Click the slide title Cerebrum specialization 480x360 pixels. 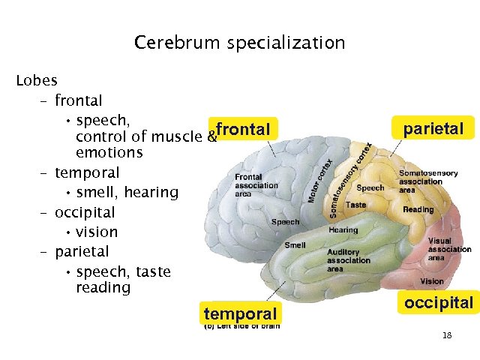pos(240,43)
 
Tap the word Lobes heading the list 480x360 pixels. pos(37,80)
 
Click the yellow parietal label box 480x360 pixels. pos(433,128)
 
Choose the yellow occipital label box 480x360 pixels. pos(439,302)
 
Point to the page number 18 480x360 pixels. pos(447,334)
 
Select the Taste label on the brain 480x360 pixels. pos(356,205)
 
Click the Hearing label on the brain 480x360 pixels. pos(343,230)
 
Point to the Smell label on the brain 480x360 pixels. pos(295,245)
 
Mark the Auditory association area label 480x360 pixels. pos(348,260)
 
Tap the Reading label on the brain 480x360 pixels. pos(418,209)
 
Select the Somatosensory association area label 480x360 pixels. pos(427,181)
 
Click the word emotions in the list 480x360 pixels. pos(109,153)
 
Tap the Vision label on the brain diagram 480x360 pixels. pos(431,281)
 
